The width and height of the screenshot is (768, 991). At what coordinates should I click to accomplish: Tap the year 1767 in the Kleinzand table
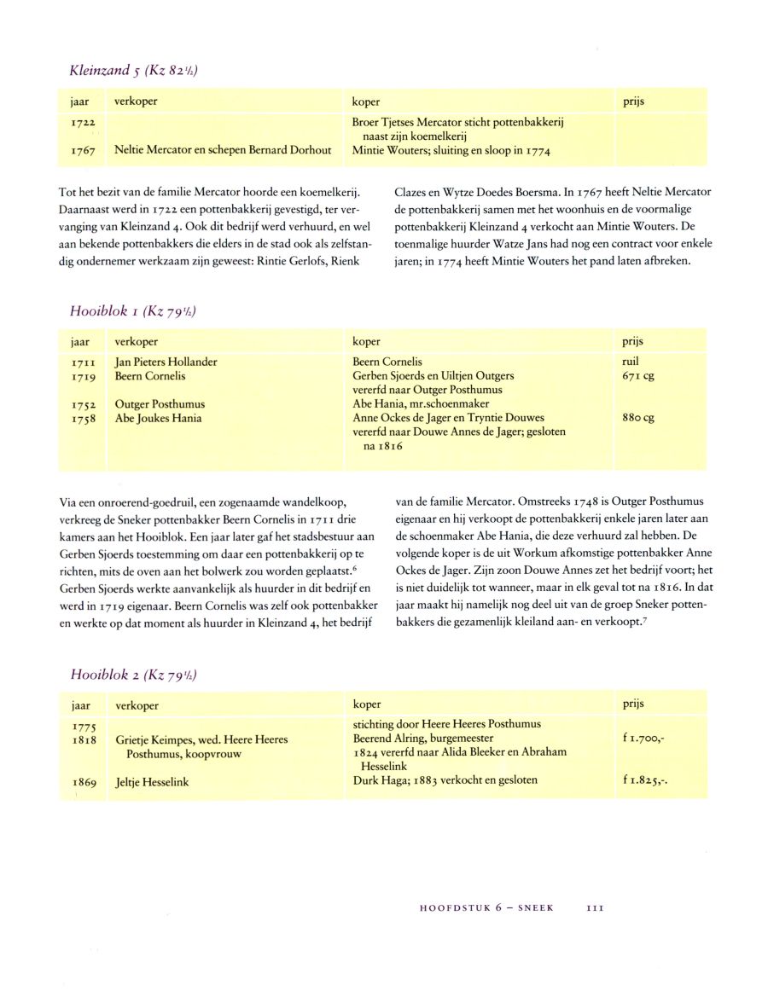click(x=83, y=150)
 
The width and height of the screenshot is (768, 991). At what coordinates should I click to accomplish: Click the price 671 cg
click(x=638, y=376)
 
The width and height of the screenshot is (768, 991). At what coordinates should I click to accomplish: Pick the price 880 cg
click(x=639, y=418)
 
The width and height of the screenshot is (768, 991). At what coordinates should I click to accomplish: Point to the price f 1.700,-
click(x=644, y=739)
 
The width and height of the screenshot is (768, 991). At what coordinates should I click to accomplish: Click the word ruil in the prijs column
click(x=631, y=362)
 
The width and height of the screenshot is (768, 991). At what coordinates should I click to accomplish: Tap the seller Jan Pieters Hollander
click(x=166, y=362)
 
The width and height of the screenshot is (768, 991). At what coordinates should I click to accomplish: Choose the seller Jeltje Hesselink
click(x=152, y=781)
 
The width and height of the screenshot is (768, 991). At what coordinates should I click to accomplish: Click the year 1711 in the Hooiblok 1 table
click(x=83, y=362)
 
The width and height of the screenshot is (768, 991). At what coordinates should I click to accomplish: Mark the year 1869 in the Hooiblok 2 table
click(x=84, y=781)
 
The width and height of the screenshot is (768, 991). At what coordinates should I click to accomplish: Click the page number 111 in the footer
click(x=595, y=908)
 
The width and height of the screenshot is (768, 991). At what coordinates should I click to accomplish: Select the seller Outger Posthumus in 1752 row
click(x=160, y=404)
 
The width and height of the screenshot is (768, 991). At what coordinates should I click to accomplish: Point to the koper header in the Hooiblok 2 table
click(x=367, y=704)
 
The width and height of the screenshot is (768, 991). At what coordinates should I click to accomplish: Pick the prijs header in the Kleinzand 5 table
click(x=634, y=101)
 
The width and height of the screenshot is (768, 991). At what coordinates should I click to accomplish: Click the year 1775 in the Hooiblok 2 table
click(x=84, y=727)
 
